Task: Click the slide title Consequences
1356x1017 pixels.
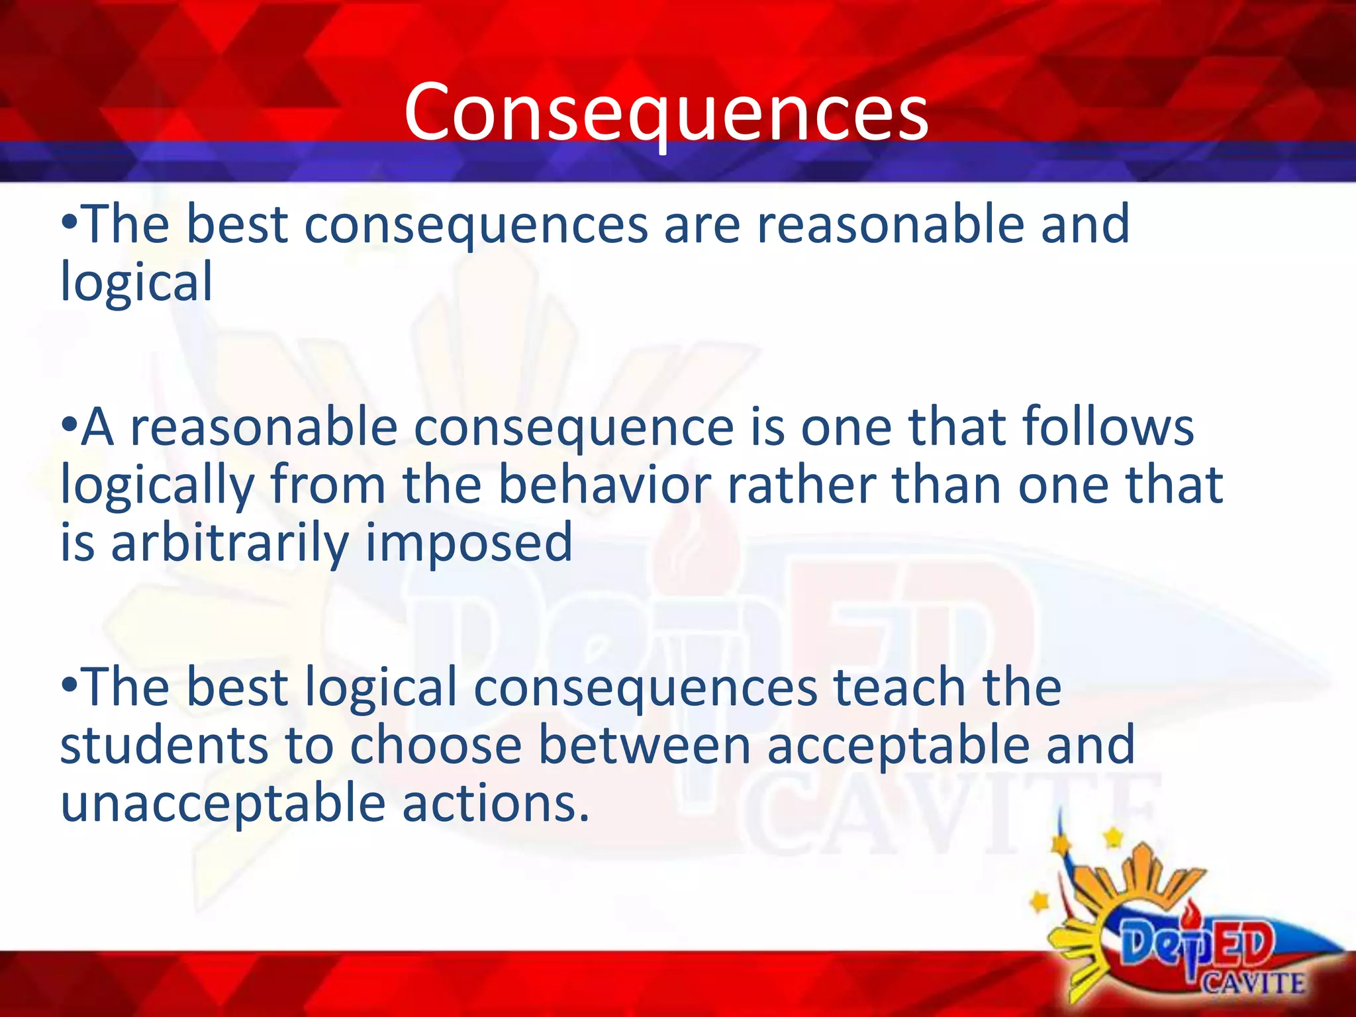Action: [666, 113]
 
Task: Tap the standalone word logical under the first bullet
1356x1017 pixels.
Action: [136, 282]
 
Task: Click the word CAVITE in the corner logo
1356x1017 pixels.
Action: [1253, 983]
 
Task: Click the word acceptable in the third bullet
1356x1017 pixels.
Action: [898, 746]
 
